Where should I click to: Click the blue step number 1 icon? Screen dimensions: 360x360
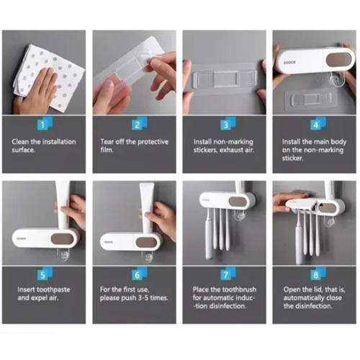tap(45, 124)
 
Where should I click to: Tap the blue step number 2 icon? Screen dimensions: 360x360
tap(139, 124)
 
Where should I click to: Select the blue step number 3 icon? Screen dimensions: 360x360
tap(228, 124)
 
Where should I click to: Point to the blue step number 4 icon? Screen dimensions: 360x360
tap(318, 124)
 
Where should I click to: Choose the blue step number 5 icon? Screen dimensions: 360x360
tap(45, 274)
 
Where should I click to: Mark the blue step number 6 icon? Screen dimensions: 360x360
tap(140, 274)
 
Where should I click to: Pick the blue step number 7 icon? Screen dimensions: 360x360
tap(228, 274)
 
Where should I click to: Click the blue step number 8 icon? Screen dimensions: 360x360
tap(318, 274)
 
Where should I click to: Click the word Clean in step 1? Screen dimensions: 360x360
tap(20, 142)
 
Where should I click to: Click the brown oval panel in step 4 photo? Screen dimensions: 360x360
tap(338, 60)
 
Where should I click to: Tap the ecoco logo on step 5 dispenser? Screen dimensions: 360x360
tap(21, 239)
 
